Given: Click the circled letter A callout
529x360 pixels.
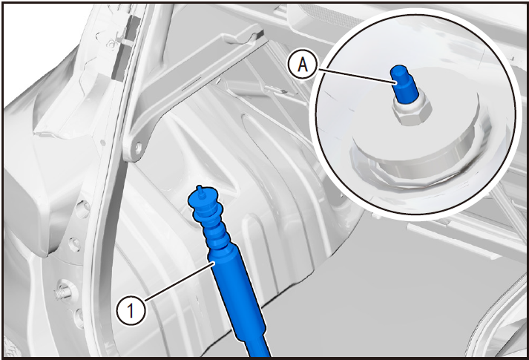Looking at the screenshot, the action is point(303,65).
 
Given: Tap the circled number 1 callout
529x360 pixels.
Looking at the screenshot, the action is point(131,311).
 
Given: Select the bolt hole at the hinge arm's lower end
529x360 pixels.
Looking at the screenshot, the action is point(138,148).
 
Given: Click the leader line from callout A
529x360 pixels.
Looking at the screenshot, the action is point(355,75).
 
